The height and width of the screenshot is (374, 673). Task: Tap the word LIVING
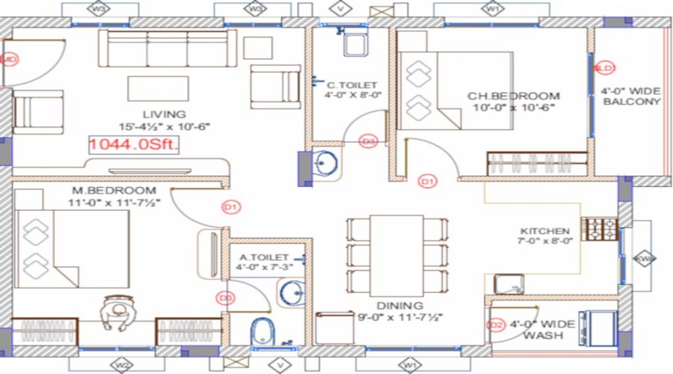[165, 114]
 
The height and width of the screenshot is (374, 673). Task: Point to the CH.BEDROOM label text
[513, 96]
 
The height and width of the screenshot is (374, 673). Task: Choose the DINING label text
[400, 305]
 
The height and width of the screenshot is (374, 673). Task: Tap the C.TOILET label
[351, 85]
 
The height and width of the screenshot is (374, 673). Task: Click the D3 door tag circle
[368, 140]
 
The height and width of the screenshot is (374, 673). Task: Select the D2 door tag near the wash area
[495, 325]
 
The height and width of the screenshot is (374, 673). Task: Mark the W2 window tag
[120, 365]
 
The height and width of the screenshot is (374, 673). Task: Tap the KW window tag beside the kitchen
[644, 259]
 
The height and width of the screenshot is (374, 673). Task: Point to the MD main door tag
[10, 60]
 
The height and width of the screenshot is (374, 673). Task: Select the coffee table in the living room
[158, 88]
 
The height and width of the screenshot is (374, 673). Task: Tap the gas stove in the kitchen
[600, 228]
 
